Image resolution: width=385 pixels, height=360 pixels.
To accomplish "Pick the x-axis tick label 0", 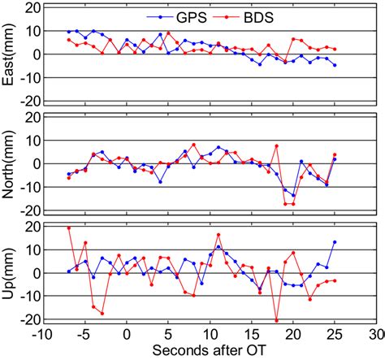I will pos(126,334).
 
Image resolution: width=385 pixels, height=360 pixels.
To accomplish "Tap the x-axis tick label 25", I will pos(334,334).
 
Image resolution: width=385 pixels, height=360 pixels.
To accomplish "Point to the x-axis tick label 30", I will pos(374,334).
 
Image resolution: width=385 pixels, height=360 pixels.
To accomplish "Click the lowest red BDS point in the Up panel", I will pos(276,321).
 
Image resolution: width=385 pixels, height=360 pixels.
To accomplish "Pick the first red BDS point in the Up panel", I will pos(68,228).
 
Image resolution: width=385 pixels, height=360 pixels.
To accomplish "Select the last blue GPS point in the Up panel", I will pos(335,242).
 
